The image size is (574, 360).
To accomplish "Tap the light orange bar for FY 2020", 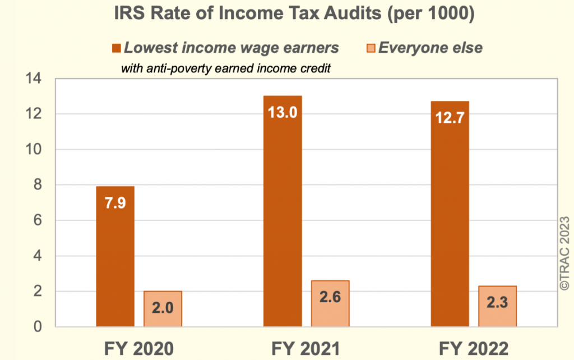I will coord(163,308).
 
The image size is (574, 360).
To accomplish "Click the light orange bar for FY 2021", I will coord(330,303).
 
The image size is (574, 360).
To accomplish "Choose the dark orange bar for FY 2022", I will coord(450,214).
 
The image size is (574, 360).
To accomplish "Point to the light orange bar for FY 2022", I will coord(497,306).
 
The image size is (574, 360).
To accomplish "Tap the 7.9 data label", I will coord(115,202).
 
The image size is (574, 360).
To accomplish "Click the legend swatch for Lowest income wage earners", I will coord(117,48).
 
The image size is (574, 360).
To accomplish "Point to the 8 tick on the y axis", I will coord(38,185).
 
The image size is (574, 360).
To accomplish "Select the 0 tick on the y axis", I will coord(38,326).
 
